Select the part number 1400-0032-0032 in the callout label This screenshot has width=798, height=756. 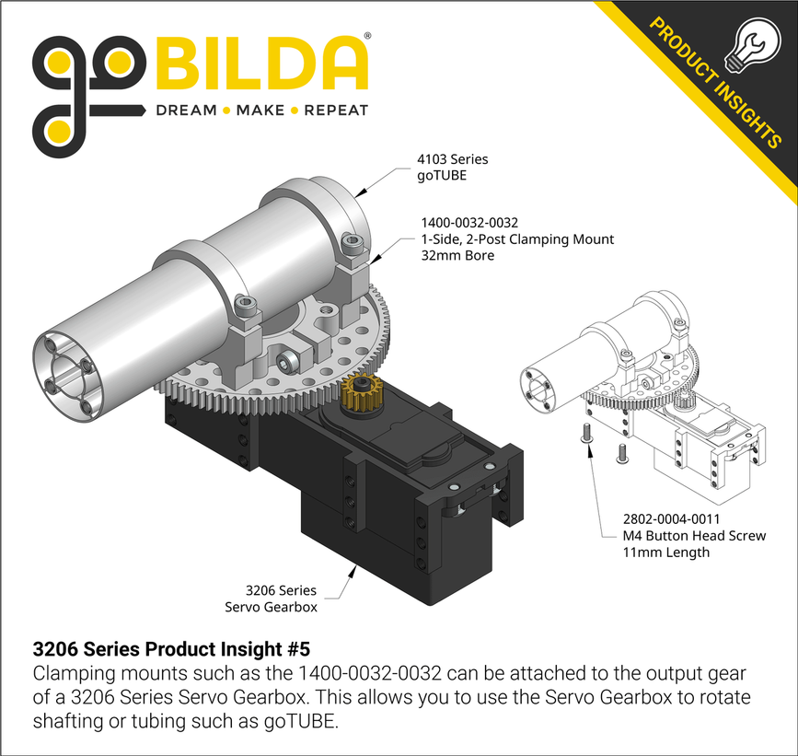469,223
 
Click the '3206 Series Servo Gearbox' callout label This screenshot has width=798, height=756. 281,598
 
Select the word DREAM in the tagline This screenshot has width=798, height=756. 185,110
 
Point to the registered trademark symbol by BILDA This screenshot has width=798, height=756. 367,37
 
